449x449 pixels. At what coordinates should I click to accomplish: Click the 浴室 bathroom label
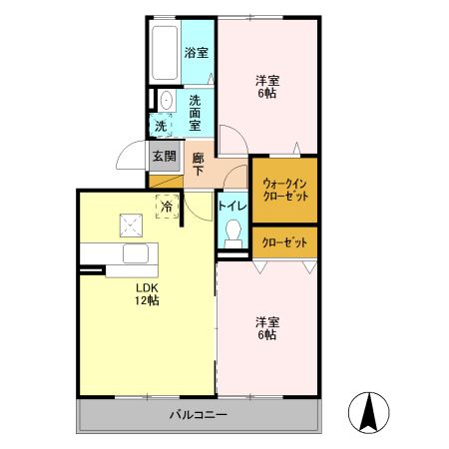point(197,52)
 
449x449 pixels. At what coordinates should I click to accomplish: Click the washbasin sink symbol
point(166,100)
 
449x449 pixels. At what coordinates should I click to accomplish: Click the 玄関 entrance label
point(165,156)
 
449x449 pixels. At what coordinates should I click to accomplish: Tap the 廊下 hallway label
point(199,164)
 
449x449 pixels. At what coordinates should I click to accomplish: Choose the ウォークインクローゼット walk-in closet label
point(284,190)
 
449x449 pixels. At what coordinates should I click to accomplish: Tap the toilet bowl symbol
point(233,233)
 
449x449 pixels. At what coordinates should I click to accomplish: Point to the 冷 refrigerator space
point(167,207)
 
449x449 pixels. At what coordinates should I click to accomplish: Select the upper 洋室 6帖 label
point(265,87)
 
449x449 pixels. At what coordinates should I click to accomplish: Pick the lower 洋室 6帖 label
point(265,328)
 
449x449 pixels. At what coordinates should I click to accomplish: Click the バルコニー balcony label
point(198,414)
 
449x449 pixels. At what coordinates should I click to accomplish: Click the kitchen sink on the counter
point(136,254)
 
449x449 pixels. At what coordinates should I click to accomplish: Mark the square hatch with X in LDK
point(130,224)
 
